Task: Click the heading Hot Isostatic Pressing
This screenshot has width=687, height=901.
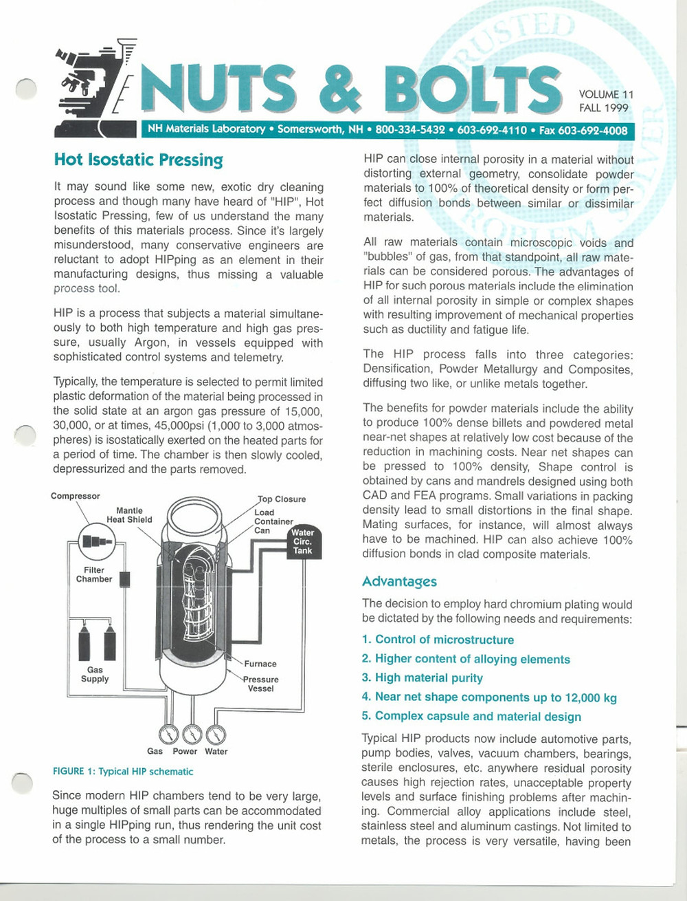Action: [138, 160]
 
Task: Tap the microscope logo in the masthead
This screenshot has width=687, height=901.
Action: [89, 89]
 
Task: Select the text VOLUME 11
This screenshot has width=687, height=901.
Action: [606, 94]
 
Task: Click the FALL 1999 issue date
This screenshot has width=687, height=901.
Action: [603, 107]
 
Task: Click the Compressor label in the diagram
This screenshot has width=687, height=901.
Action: [75, 496]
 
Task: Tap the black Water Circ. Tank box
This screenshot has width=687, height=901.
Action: [302, 541]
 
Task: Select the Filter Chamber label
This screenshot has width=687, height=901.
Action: [94, 574]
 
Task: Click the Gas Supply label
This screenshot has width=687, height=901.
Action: [95, 674]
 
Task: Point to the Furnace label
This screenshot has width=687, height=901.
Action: [260, 664]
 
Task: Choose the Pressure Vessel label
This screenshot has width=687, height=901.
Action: [261, 684]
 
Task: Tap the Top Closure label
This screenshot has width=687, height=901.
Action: [282, 499]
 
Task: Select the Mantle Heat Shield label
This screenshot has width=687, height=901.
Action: [129, 515]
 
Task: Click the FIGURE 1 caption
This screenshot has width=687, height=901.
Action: [123, 772]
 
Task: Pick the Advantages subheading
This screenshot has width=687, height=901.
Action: [399, 582]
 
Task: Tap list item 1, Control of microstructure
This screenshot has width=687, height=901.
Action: [438, 640]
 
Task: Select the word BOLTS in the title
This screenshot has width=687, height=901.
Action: [472, 89]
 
